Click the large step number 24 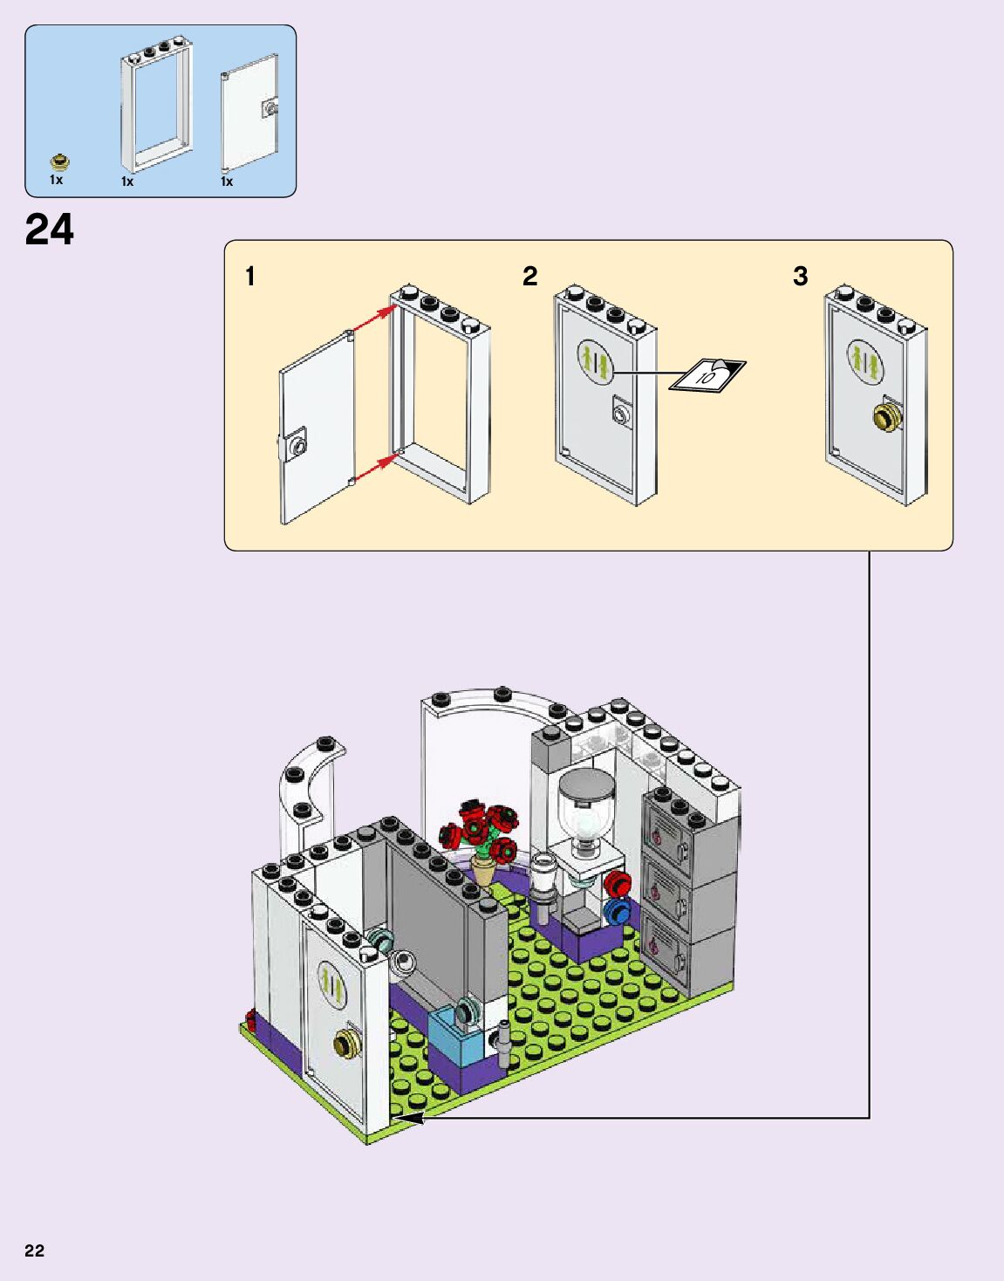pos(50,231)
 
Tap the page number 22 pos(34,1250)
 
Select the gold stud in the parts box pos(59,161)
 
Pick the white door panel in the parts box pos(250,112)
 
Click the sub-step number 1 pos(250,277)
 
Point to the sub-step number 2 pos(529,277)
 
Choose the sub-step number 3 pos(800,277)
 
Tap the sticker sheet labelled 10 pos(707,375)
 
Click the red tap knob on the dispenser pos(618,883)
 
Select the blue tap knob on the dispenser pos(617,913)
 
